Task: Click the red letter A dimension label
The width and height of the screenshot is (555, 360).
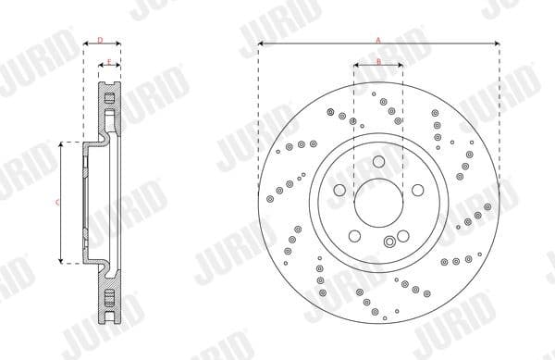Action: point(378,38)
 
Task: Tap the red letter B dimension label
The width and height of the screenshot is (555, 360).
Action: point(378,61)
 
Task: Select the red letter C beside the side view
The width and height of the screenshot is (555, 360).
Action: point(57,202)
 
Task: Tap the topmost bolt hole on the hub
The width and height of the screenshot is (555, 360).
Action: point(378,162)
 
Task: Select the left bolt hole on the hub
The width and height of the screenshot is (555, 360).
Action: point(341,189)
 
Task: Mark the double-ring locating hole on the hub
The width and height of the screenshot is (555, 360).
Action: point(389,242)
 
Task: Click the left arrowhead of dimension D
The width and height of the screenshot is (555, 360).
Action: point(86,44)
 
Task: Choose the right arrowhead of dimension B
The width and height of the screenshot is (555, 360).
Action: point(400,66)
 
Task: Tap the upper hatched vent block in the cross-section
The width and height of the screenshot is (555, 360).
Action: point(108,101)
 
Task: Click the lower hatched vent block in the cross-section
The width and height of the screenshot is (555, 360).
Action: point(108,301)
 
